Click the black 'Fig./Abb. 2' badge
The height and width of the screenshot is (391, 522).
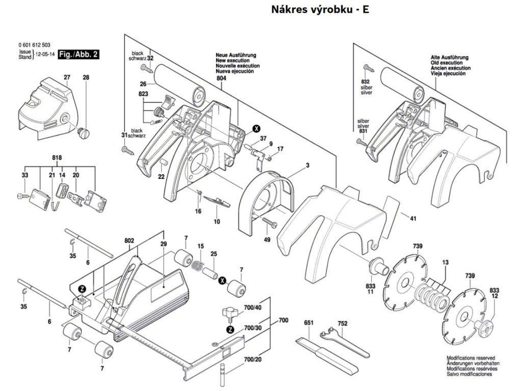coord(78,54)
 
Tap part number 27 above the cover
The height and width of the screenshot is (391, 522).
coord(66,77)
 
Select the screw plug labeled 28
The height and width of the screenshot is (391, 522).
coord(84,133)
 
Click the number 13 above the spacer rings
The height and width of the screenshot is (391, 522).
coord(446,263)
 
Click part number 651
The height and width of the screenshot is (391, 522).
coord(308,323)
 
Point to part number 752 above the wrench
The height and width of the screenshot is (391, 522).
coord(343,323)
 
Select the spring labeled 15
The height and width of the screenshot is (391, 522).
coord(197,265)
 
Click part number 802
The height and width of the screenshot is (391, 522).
coord(128,240)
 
